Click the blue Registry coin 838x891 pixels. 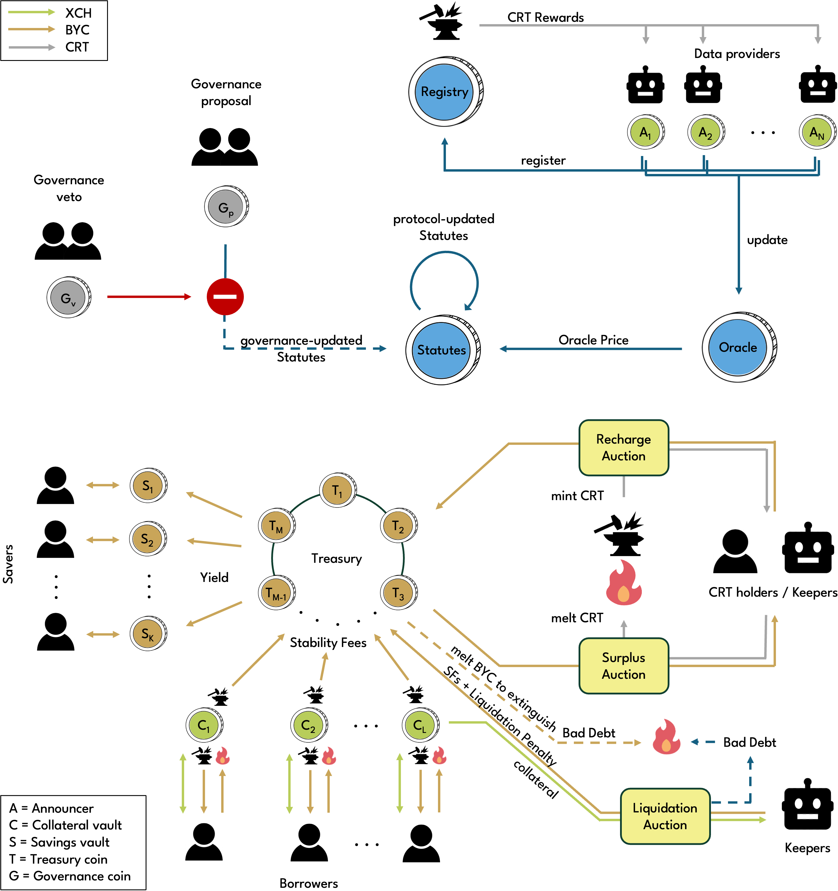point(444,92)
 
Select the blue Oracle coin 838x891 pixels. point(738,347)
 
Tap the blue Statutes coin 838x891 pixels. point(442,350)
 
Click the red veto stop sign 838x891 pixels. point(225,296)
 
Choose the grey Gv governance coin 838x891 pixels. point(68,298)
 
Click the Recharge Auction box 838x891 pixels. point(624,447)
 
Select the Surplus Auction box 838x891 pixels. point(624,666)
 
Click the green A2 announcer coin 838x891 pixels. point(705,133)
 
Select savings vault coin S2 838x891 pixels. point(147,539)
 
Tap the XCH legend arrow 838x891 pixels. point(31,12)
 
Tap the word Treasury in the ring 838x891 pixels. point(336,558)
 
